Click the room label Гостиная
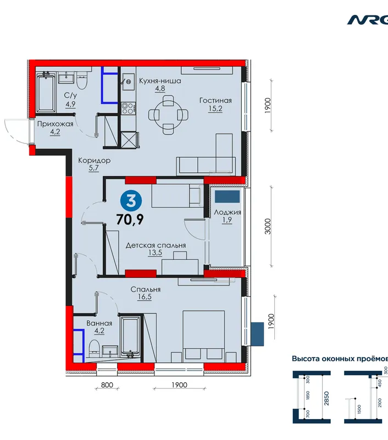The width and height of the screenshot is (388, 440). pyautogui.click(x=215, y=101)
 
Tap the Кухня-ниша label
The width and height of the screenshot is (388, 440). pyautogui.click(x=160, y=81)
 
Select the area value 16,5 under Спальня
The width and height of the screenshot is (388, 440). pyautogui.click(x=145, y=296)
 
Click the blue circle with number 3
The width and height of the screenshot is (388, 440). pyautogui.click(x=131, y=201)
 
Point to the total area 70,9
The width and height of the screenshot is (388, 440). pyautogui.click(x=130, y=219)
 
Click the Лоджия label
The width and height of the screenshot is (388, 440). pyautogui.click(x=228, y=212)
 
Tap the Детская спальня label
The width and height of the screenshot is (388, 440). pyautogui.click(x=156, y=245)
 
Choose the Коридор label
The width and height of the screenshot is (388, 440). pyautogui.click(x=94, y=161)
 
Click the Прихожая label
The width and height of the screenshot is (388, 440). pyautogui.click(x=55, y=124)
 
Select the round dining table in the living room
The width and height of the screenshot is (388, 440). pyautogui.click(x=168, y=115)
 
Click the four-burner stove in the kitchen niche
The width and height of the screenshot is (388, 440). pyautogui.click(x=129, y=108)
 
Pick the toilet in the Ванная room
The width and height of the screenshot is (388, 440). pyautogui.click(x=93, y=349)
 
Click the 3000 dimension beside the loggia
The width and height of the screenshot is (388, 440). pyautogui.click(x=268, y=227)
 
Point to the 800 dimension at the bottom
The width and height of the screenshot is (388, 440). pyautogui.click(x=107, y=384)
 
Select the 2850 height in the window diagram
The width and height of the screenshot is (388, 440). pyautogui.click(x=326, y=398)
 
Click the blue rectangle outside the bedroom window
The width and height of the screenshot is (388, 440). pyautogui.click(x=257, y=334)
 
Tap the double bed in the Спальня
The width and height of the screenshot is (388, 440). pyautogui.click(x=203, y=336)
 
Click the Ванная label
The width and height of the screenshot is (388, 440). pyautogui.click(x=99, y=323)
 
